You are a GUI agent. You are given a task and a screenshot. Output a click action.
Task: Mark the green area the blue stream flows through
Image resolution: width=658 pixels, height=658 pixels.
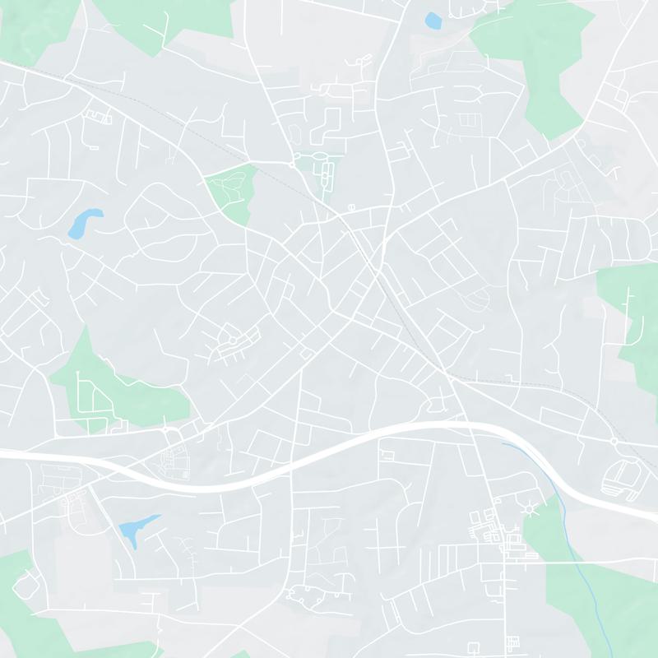point(592,592)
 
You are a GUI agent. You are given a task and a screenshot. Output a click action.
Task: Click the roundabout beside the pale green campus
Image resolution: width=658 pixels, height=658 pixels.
point(292,164)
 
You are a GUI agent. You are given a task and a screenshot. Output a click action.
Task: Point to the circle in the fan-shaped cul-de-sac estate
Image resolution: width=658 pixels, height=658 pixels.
point(233,339)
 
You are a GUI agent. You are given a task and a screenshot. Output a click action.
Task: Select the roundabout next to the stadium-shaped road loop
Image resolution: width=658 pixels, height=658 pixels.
point(614,442)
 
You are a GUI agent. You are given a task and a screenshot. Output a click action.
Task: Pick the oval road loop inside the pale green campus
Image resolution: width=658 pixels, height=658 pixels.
point(327,173)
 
